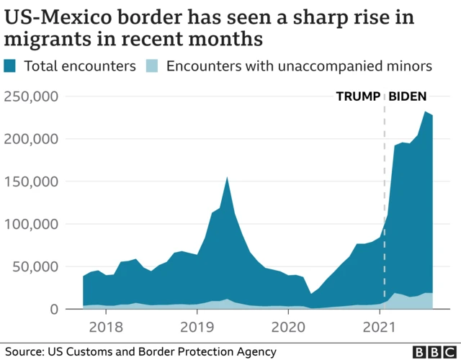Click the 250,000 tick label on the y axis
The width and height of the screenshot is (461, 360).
click(34, 96)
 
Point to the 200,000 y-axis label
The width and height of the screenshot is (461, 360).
click(34, 138)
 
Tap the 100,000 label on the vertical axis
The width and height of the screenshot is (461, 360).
click(34, 224)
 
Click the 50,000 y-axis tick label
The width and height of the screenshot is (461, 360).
click(39, 266)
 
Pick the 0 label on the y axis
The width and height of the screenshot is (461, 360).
click(63, 309)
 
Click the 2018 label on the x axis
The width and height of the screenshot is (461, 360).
click(106, 328)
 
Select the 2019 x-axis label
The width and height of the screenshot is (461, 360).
click(197, 328)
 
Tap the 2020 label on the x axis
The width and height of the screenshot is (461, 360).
click(288, 328)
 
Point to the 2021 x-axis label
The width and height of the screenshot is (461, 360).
click(380, 328)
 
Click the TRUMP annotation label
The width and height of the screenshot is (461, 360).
click(358, 96)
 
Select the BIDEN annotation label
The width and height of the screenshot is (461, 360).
click(408, 96)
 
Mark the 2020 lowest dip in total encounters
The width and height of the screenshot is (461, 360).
click(310, 294)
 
